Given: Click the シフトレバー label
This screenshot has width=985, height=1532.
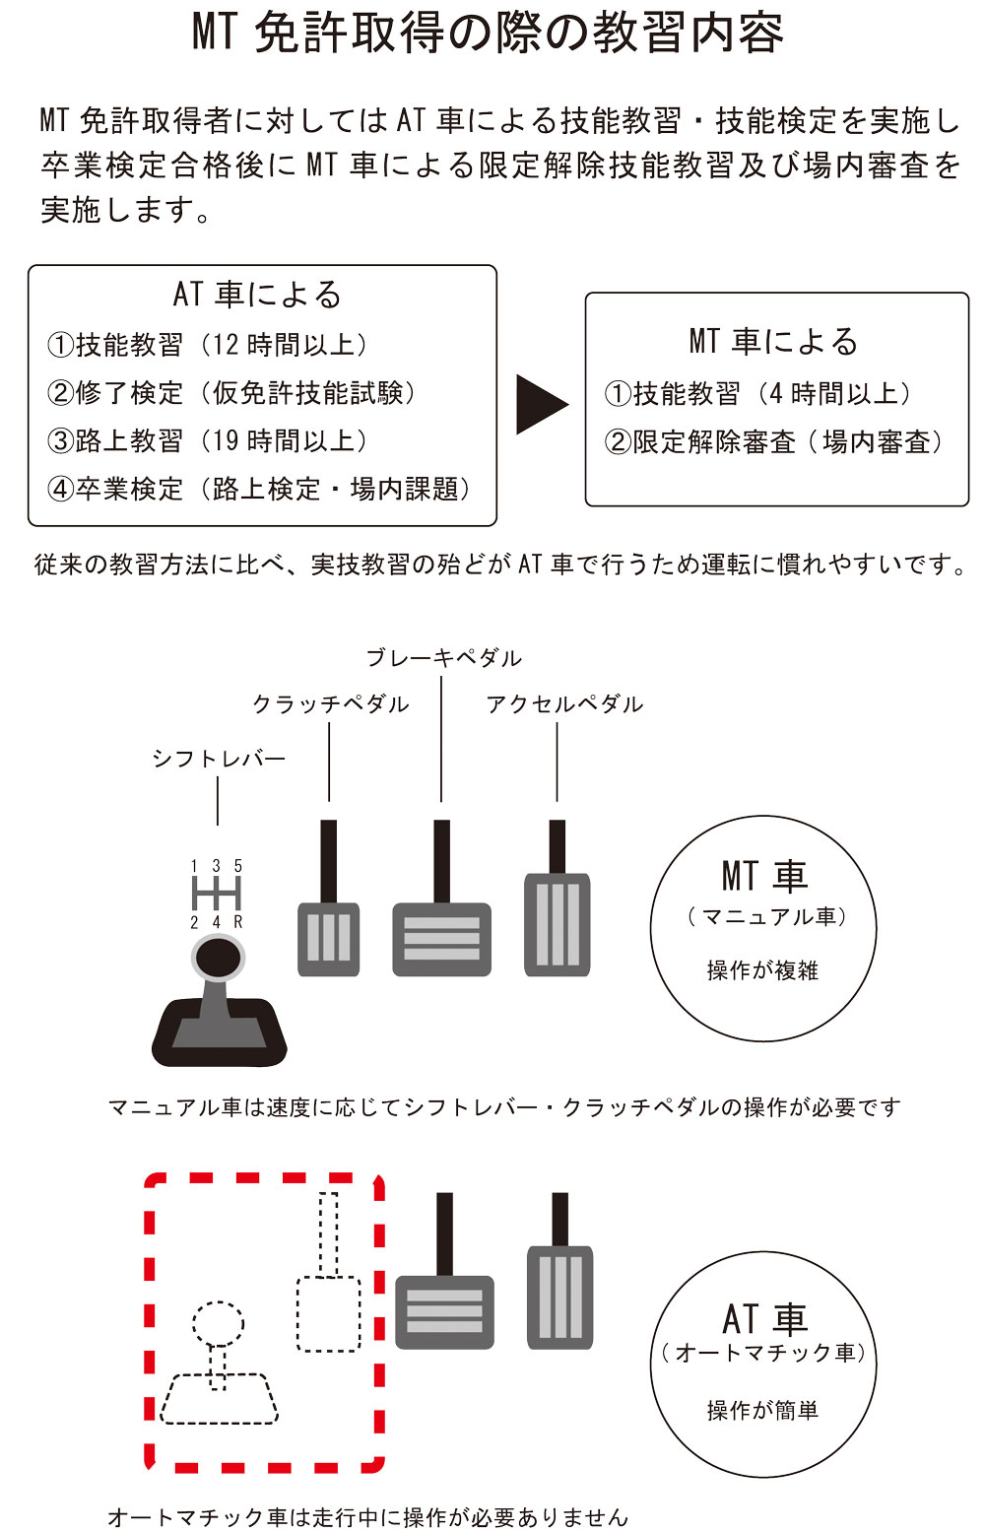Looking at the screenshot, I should (218, 759).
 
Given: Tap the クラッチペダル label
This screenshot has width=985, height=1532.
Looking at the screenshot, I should (330, 704).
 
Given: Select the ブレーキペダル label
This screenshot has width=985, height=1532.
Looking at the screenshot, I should (443, 657).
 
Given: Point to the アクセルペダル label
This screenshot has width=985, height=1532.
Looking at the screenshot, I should (564, 704).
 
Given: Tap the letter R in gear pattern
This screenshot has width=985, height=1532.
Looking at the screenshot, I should (238, 922).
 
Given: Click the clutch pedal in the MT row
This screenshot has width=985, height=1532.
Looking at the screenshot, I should (328, 938).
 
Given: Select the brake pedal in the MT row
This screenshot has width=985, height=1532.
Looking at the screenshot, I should (441, 938).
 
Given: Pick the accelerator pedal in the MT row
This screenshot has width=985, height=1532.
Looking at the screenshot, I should (558, 924).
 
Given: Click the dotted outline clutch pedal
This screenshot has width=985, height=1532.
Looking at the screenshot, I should (328, 1313).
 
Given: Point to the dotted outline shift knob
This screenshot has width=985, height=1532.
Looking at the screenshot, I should (218, 1324).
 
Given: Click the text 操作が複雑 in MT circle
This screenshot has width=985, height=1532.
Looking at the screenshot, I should (762, 970).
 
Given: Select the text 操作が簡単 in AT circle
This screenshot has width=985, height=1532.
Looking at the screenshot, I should (762, 1410).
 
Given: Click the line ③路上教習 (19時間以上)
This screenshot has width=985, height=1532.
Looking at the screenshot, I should (208, 440).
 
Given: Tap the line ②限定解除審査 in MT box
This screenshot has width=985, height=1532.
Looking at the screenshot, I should (774, 442).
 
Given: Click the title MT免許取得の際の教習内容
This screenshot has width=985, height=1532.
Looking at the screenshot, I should (489, 34).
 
